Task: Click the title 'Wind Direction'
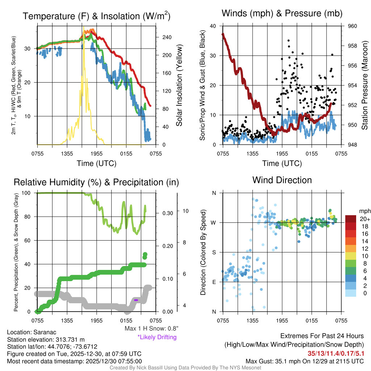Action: coord(282,180)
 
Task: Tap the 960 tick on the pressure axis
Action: coord(353,26)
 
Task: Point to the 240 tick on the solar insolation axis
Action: coord(167,37)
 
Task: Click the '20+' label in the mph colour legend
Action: coord(364,219)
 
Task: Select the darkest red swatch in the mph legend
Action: coord(351,219)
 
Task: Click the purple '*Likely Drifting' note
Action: coord(157,337)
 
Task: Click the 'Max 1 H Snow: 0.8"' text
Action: coord(151,329)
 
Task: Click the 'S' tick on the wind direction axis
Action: coord(214,252)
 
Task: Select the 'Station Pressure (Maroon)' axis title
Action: coord(365,85)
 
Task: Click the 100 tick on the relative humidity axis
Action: coord(28,193)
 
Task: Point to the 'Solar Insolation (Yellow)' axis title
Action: coord(179,86)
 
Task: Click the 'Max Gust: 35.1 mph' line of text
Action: coord(304,361)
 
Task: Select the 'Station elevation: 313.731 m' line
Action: coord(46,339)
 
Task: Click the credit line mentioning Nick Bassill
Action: coord(185,368)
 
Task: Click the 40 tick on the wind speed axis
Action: coord(213,26)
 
